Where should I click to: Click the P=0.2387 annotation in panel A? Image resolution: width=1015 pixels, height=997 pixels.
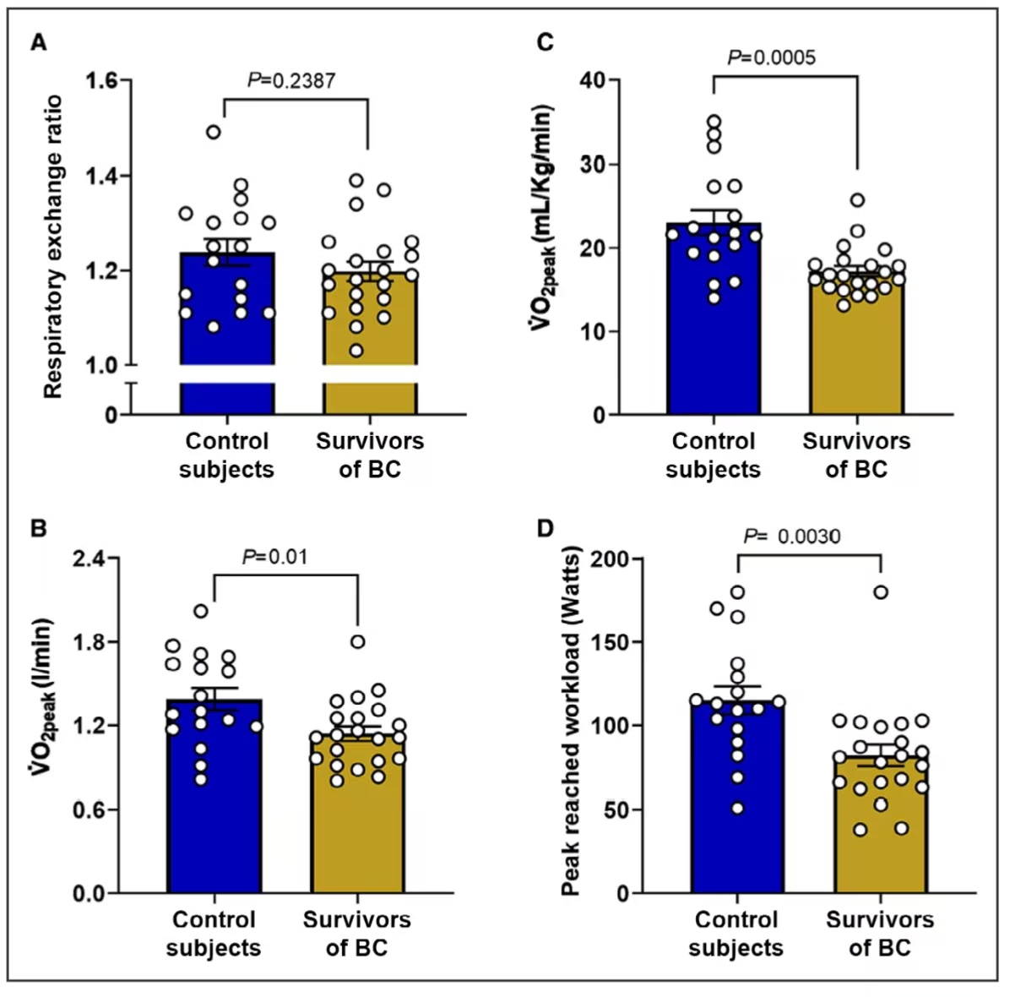pyautogui.click(x=291, y=81)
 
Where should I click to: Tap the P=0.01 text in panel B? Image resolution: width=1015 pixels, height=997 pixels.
pyautogui.click(x=275, y=557)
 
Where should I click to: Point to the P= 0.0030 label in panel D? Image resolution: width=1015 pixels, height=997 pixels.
pyautogui.click(x=791, y=537)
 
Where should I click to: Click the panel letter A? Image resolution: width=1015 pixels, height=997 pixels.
pyautogui.click(x=38, y=42)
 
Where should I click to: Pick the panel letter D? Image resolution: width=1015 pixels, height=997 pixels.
pyautogui.click(x=545, y=529)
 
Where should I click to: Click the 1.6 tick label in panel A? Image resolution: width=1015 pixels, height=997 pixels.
pyautogui.click(x=103, y=81)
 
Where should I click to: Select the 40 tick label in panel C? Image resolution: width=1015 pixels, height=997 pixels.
pyautogui.click(x=593, y=81)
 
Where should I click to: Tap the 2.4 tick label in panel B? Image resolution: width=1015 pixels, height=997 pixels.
pyautogui.click(x=90, y=558)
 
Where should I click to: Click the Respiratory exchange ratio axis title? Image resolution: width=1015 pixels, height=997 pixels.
pyautogui.click(x=53, y=246)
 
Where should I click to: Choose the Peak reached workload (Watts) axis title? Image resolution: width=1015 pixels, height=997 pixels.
pyautogui.click(x=571, y=721)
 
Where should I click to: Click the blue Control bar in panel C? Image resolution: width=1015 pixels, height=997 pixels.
pyautogui.click(x=714, y=338)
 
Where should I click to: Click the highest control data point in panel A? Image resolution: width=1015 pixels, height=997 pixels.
pyautogui.click(x=214, y=132)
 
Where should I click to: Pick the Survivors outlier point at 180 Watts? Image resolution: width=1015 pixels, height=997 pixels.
pyautogui.click(x=881, y=592)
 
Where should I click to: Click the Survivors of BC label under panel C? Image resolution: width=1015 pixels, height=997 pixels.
pyautogui.click(x=856, y=455)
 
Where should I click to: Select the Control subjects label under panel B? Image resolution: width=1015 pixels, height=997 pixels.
pyautogui.click(x=214, y=933)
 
